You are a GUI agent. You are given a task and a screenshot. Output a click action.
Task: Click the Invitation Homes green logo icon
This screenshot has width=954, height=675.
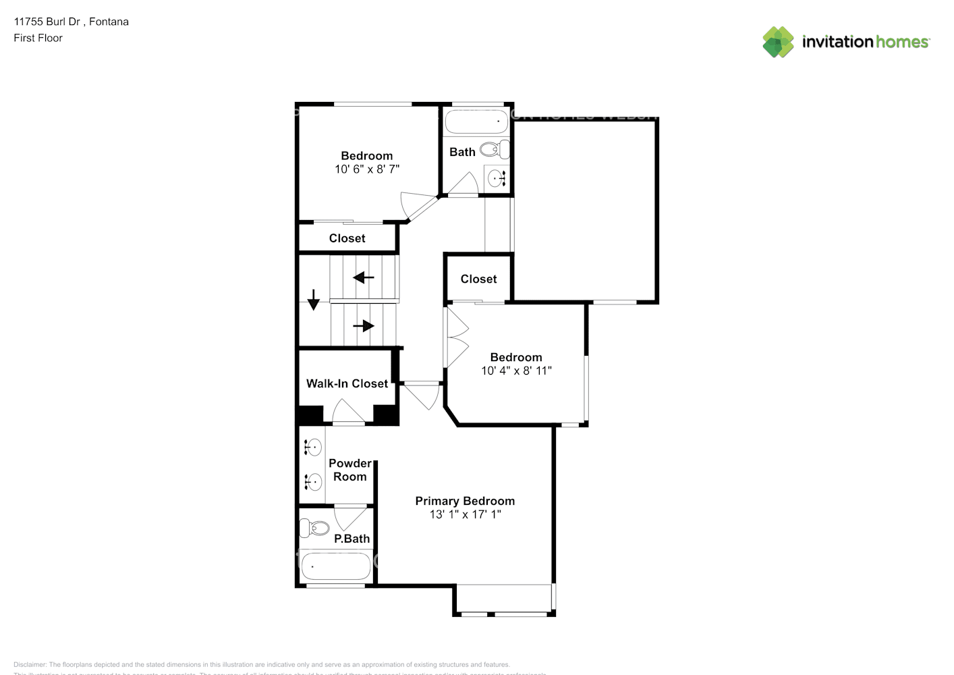point(778,42)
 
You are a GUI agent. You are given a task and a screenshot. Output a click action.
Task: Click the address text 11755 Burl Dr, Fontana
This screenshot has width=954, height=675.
point(71,22)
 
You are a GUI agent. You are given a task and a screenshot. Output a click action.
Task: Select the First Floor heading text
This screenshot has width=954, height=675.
point(38,38)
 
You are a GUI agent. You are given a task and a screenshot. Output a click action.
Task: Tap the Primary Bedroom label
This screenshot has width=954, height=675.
point(465,501)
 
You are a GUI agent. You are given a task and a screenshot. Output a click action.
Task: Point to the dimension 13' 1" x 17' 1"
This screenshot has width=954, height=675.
point(465,514)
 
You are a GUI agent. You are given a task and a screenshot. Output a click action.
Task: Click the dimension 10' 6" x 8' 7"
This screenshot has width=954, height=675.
point(367,169)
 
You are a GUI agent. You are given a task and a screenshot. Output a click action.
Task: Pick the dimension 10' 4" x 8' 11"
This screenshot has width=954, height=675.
point(516,371)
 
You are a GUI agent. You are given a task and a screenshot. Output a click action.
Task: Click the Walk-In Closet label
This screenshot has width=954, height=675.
point(347,383)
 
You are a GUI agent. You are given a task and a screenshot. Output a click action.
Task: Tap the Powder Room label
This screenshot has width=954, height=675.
point(349,470)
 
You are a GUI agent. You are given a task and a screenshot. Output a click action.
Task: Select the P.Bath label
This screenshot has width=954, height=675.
point(352,539)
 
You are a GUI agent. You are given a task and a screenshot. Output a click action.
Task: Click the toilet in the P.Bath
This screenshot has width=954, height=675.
point(314,527)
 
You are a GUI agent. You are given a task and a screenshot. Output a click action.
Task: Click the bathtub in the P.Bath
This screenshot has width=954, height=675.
point(335,566)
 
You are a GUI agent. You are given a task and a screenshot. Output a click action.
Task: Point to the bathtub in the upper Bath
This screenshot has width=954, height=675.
point(476,122)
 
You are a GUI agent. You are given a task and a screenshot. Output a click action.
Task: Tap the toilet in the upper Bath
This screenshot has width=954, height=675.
point(494,149)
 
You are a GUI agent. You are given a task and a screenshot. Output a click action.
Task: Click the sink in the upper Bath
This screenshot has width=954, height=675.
point(497,179)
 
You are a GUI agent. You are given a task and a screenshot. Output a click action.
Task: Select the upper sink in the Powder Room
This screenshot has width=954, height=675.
point(313,447)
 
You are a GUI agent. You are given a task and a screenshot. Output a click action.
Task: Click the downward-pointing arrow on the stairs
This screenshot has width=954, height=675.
point(314,300)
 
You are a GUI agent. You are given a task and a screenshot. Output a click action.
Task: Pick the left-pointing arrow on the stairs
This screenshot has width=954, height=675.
point(364,277)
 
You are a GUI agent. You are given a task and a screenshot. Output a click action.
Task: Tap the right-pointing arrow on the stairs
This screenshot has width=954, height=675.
point(364,326)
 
